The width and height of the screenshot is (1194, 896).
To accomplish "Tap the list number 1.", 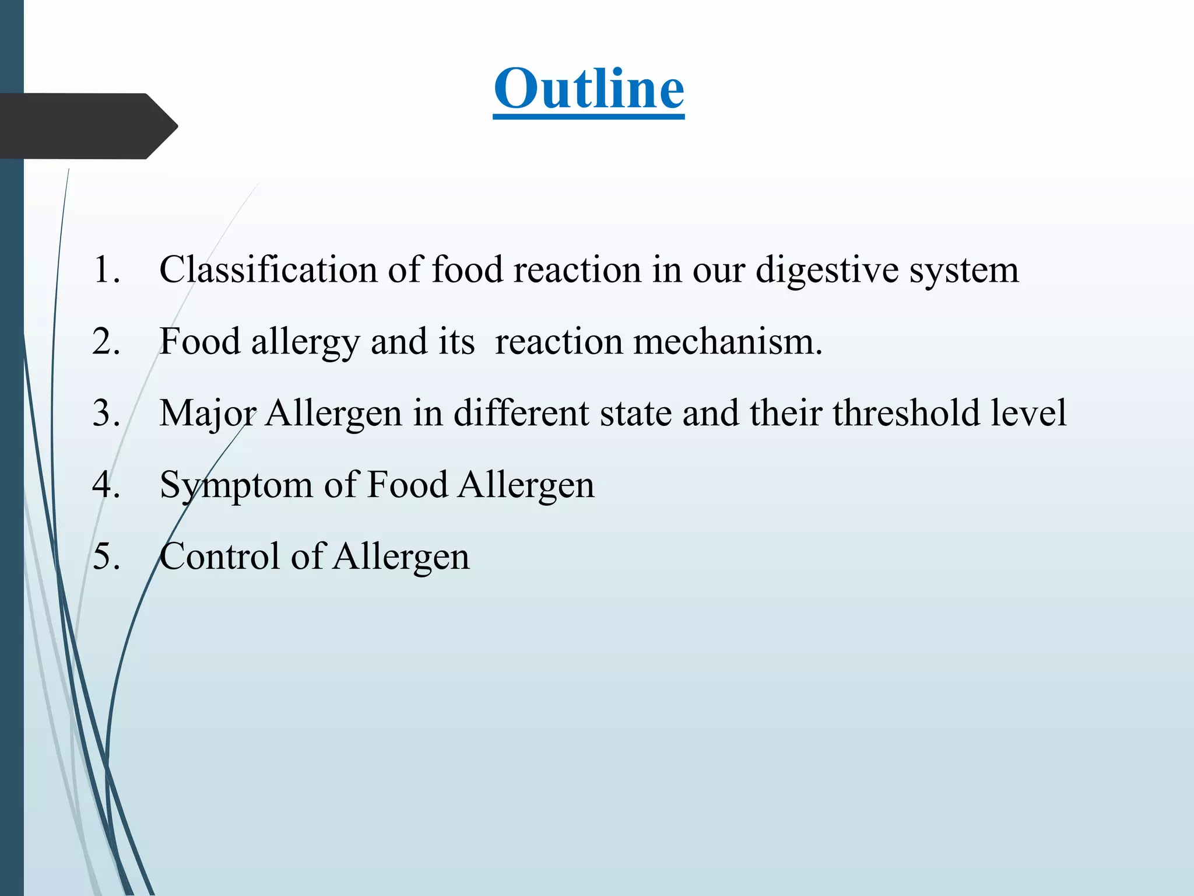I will point(106,269).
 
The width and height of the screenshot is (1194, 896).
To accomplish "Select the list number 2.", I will point(106,341).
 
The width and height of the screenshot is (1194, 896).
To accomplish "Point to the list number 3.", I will point(106,413).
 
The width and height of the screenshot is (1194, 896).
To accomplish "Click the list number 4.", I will point(106,484).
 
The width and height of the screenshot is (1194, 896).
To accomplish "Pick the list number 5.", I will point(106,556).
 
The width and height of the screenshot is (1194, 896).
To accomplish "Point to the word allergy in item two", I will point(305,341).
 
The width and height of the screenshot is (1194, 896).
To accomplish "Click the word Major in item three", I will point(208,413).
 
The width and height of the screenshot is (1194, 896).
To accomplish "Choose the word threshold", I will point(907,413).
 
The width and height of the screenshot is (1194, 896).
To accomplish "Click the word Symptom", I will point(236,484).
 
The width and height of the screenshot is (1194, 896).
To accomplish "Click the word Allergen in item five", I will point(402,556).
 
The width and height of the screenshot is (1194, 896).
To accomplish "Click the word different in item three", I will point(521,413).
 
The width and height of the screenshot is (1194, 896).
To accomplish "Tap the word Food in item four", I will point(408,484).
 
